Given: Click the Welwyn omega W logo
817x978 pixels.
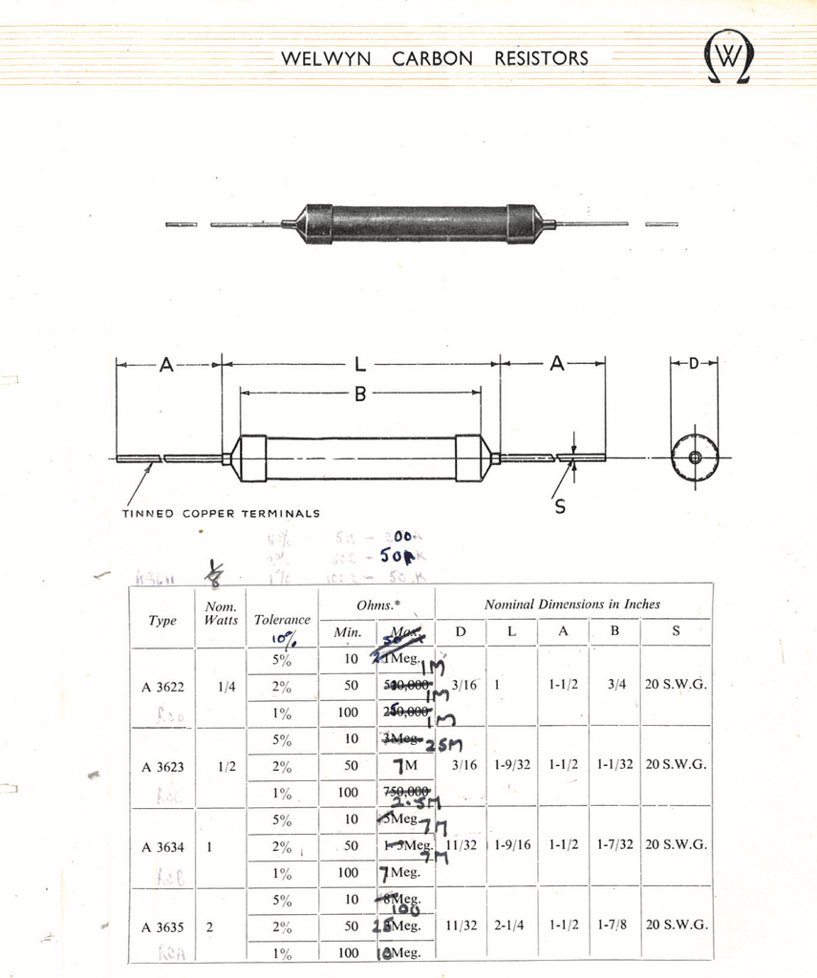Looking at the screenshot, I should click(727, 58).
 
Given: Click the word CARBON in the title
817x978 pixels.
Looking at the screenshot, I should click(432, 58).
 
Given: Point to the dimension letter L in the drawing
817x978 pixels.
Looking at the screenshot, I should click(360, 364).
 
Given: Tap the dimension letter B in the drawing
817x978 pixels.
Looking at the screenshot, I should click(360, 392).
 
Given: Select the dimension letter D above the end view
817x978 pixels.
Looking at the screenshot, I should click(694, 363).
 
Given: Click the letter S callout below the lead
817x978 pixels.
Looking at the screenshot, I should click(560, 507).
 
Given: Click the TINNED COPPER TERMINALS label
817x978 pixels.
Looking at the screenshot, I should click(221, 513).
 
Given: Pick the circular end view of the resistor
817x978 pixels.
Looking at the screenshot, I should click(695, 457).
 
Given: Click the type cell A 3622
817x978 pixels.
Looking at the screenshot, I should click(162, 686).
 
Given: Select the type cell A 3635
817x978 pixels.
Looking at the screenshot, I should click(162, 926).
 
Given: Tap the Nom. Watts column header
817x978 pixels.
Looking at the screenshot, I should click(222, 613).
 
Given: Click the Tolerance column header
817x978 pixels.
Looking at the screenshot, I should click(282, 619).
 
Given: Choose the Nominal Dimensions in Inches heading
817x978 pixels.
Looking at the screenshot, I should click(571, 604).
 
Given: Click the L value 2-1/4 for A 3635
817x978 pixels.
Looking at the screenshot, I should click(509, 925).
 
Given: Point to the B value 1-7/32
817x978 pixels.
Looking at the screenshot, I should click(614, 844).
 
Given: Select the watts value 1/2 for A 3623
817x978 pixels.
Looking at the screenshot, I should click(226, 765).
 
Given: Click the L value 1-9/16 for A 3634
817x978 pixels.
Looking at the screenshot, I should click(513, 844).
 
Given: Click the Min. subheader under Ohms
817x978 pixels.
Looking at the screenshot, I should click(346, 631).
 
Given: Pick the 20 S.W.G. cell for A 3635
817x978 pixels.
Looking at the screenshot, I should click(676, 925).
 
